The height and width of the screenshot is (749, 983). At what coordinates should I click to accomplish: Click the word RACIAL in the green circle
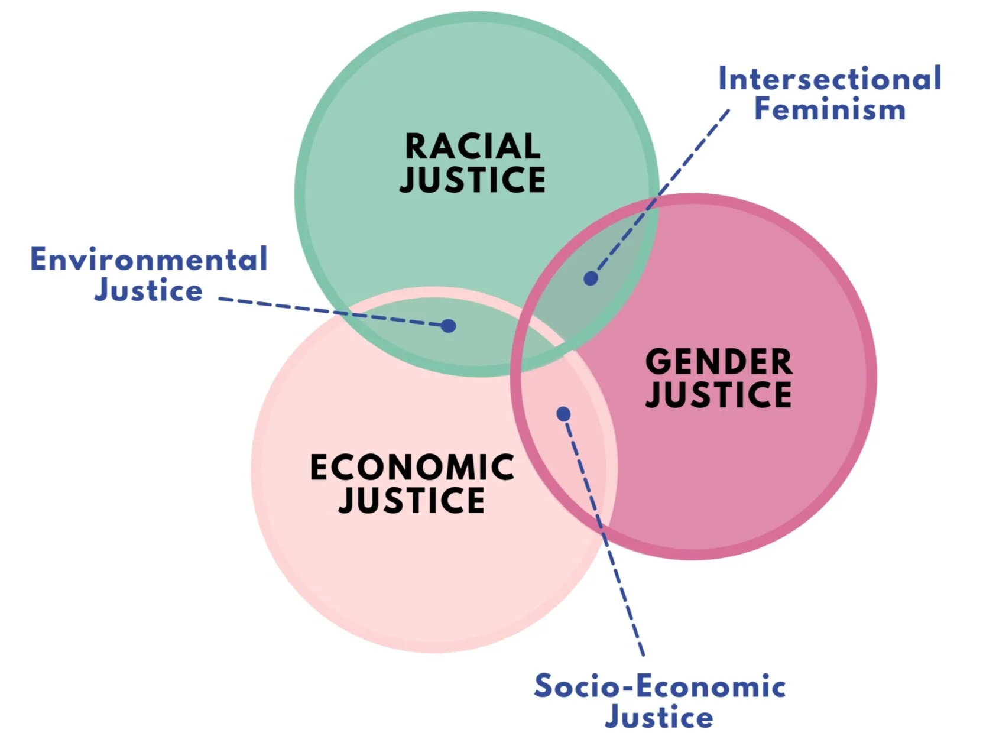[472, 146]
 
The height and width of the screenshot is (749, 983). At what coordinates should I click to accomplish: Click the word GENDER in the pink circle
[718, 362]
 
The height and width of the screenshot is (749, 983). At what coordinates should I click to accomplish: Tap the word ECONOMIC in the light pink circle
[412, 468]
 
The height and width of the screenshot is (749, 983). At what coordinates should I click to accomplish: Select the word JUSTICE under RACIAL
[472, 180]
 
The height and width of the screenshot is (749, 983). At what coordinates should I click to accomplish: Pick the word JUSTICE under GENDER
[718, 395]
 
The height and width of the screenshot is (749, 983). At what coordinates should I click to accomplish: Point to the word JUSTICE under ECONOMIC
[412, 501]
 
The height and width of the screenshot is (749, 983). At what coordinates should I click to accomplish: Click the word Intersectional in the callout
[829, 79]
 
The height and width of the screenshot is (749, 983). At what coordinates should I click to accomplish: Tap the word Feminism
[829, 110]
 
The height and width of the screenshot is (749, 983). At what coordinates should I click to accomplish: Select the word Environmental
[149, 260]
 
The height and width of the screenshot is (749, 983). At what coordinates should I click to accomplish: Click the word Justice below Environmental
[149, 290]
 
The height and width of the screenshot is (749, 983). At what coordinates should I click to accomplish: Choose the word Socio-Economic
[660, 686]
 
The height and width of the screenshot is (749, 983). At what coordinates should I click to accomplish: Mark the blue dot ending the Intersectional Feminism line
[591, 278]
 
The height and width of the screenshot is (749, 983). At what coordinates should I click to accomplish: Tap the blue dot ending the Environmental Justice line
[449, 326]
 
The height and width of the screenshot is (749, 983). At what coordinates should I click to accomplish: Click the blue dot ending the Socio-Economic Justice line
[563, 414]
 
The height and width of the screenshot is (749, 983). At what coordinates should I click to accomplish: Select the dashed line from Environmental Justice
[331, 312]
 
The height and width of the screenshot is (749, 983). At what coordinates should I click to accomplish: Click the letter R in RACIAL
[415, 146]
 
